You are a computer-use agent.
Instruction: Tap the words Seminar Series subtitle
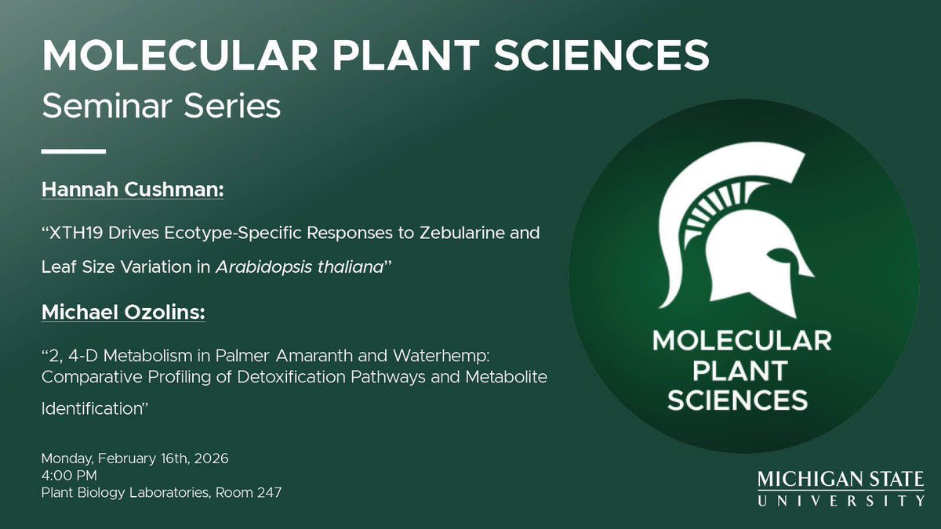click(161, 105)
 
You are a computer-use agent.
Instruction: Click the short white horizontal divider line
click(73, 150)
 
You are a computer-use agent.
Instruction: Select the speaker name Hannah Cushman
click(133, 191)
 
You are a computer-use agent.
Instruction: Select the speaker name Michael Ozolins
click(123, 313)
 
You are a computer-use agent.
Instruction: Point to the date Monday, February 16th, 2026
click(135, 458)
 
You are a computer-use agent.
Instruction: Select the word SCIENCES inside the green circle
click(737, 400)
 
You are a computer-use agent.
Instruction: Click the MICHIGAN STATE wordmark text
click(841, 480)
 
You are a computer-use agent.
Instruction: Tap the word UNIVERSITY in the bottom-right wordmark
click(841, 501)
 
